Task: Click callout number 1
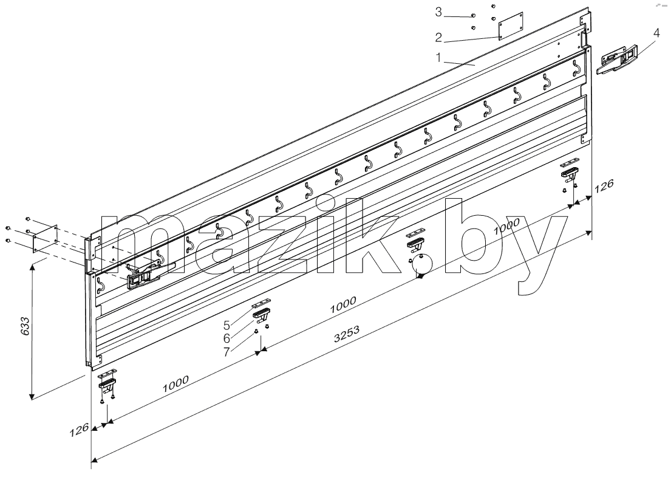point(438,57)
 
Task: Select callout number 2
point(439,38)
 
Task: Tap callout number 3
point(439,12)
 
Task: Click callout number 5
point(227,325)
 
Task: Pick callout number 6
point(227,338)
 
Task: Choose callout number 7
point(227,352)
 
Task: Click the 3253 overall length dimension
point(347,334)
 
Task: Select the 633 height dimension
point(26,326)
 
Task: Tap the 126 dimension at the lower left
point(80,430)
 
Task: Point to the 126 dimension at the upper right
point(604,186)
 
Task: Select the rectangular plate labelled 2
point(511,26)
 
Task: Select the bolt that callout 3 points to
point(473,16)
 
